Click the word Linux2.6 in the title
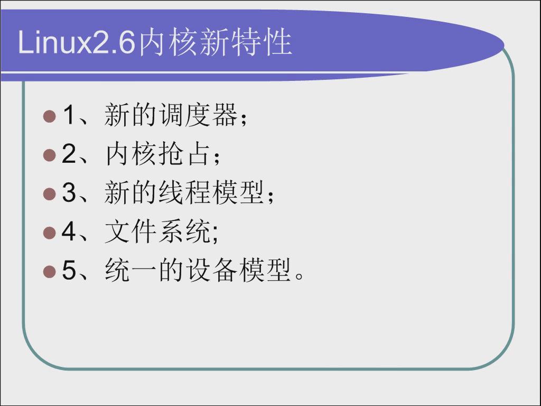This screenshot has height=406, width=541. tap(76, 42)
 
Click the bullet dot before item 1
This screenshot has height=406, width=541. tap(50, 116)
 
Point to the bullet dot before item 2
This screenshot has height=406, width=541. tap(50, 155)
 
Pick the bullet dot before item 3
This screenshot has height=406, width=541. tap(50, 193)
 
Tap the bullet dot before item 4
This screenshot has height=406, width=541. tap(50, 233)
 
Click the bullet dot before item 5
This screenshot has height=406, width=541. tap(50, 271)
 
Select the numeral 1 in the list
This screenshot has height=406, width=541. tap(69, 115)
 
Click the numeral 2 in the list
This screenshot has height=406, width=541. tap(69, 153)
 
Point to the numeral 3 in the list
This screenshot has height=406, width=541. tap(69, 192)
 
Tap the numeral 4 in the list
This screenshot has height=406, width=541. tap(69, 231)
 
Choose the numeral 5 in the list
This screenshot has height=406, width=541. tap(69, 270)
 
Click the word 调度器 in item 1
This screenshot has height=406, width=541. tap(199, 115)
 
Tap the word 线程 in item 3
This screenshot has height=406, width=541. tap(184, 192)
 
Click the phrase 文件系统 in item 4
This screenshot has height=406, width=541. tap(157, 232)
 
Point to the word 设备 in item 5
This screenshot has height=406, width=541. tap(211, 270)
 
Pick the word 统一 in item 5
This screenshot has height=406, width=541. tap(131, 270)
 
